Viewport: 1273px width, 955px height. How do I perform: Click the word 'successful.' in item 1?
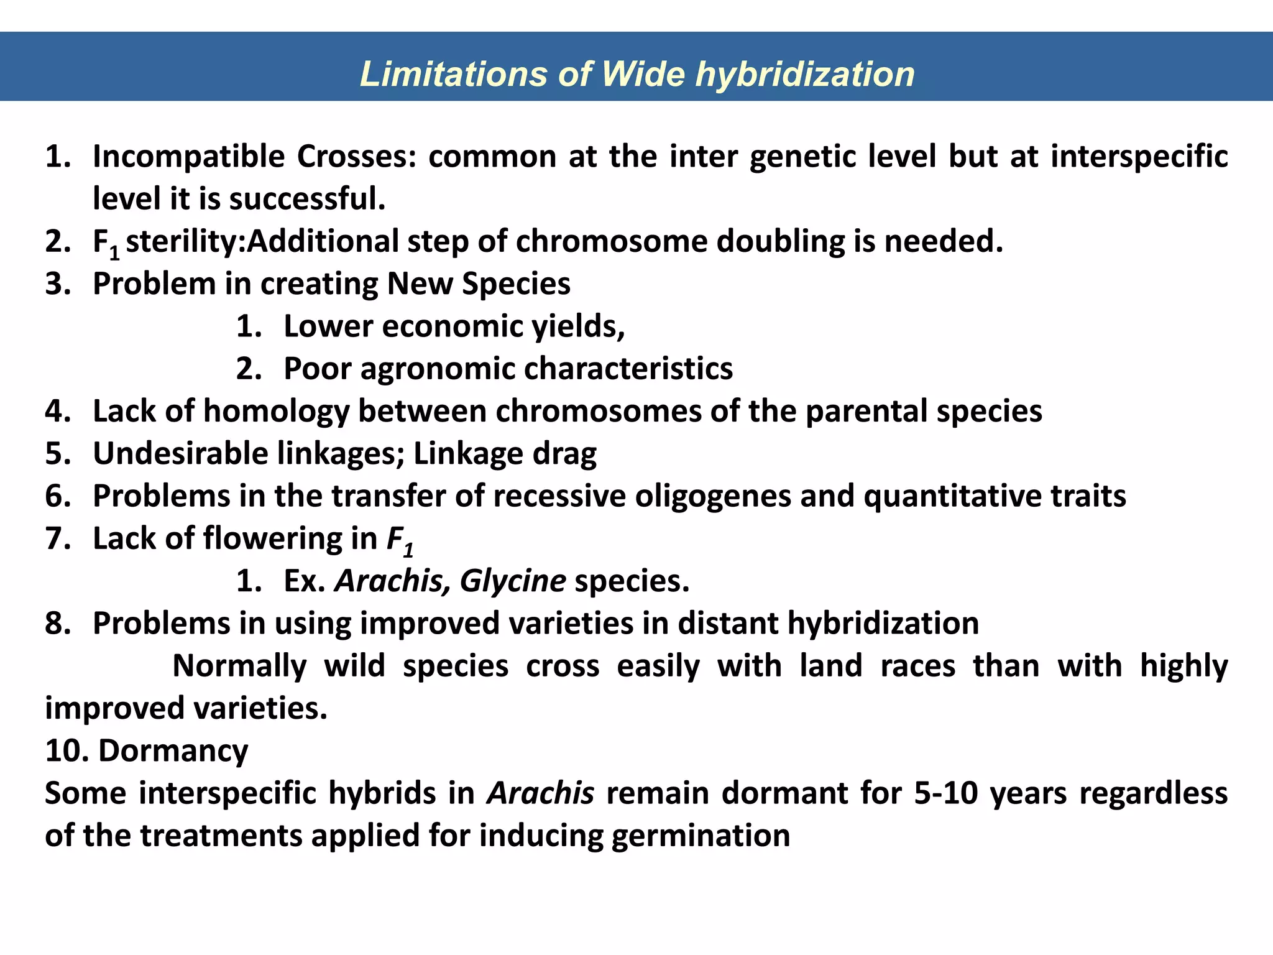click(308, 199)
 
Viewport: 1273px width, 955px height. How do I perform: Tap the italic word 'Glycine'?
click(513, 581)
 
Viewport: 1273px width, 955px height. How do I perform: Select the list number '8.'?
click(58, 623)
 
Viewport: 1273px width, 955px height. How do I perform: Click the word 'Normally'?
click(239, 666)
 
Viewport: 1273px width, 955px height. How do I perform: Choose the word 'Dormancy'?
click(173, 751)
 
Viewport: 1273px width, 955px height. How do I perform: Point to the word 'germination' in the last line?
click(701, 836)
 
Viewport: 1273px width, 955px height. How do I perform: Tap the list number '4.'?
click(58, 411)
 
